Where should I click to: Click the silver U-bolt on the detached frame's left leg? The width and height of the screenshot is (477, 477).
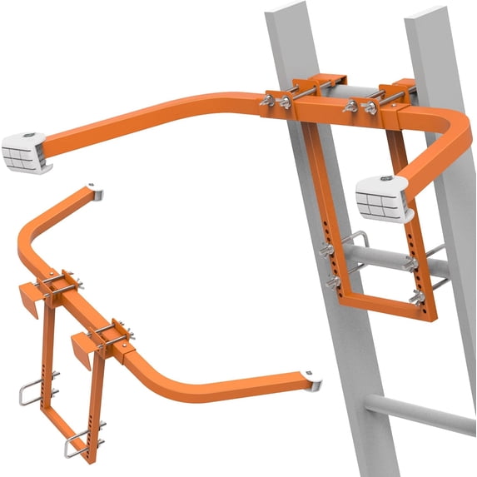(37, 391)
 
